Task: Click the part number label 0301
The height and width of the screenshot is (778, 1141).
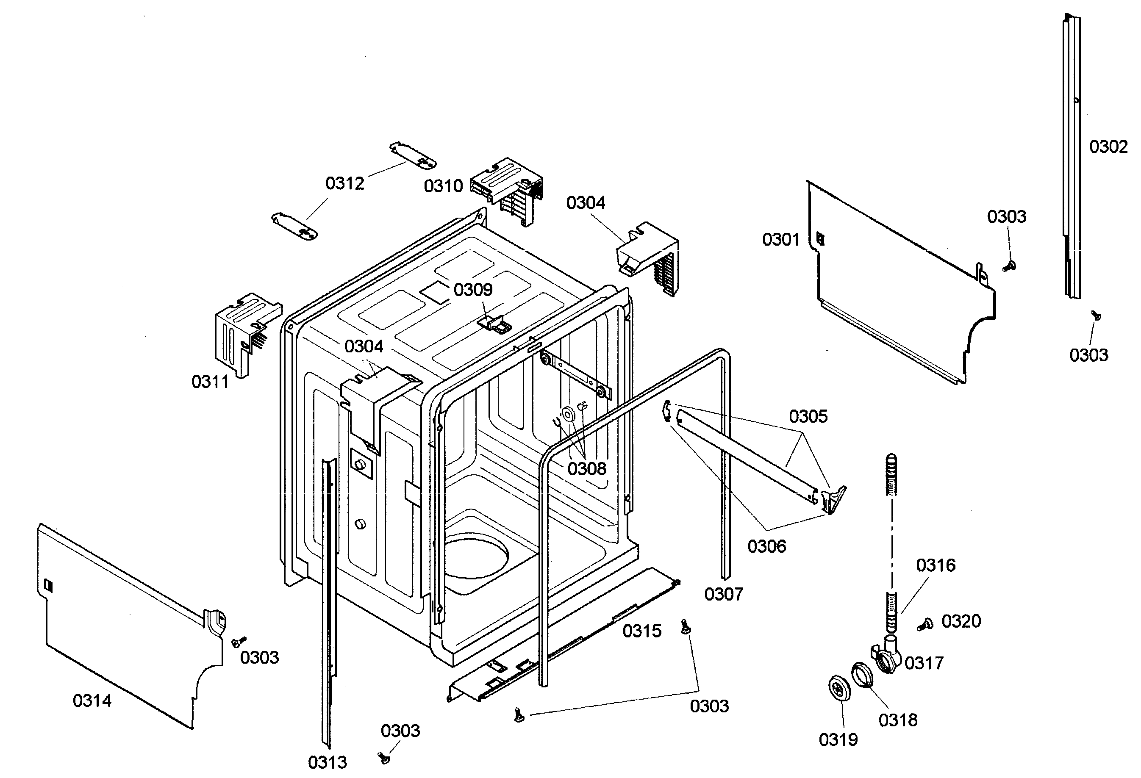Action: pyautogui.click(x=780, y=240)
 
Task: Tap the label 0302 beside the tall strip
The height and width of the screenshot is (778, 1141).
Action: pyautogui.click(x=1108, y=147)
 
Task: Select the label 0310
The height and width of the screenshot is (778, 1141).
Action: pyautogui.click(x=443, y=186)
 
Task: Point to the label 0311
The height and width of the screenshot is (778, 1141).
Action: pyautogui.click(x=210, y=382)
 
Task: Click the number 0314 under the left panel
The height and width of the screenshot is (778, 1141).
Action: pyautogui.click(x=92, y=700)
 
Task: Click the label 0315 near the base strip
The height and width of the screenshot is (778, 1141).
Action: pyautogui.click(x=642, y=631)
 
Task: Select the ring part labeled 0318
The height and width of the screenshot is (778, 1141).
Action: pyautogui.click(x=862, y=674)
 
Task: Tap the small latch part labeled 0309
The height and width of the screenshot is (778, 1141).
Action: pyautogui.click(x=495, y=324)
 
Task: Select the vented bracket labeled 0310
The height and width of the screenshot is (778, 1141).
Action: pyautogui.click(x=508, y=189)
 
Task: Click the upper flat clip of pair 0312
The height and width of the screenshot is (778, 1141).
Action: pyautogui.click(x=413, y=155)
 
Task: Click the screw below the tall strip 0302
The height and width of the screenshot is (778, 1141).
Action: pyautogui.click(x=1095, y=315)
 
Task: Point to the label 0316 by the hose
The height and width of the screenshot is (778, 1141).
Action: pyautogui.click(x=935, y=565)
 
